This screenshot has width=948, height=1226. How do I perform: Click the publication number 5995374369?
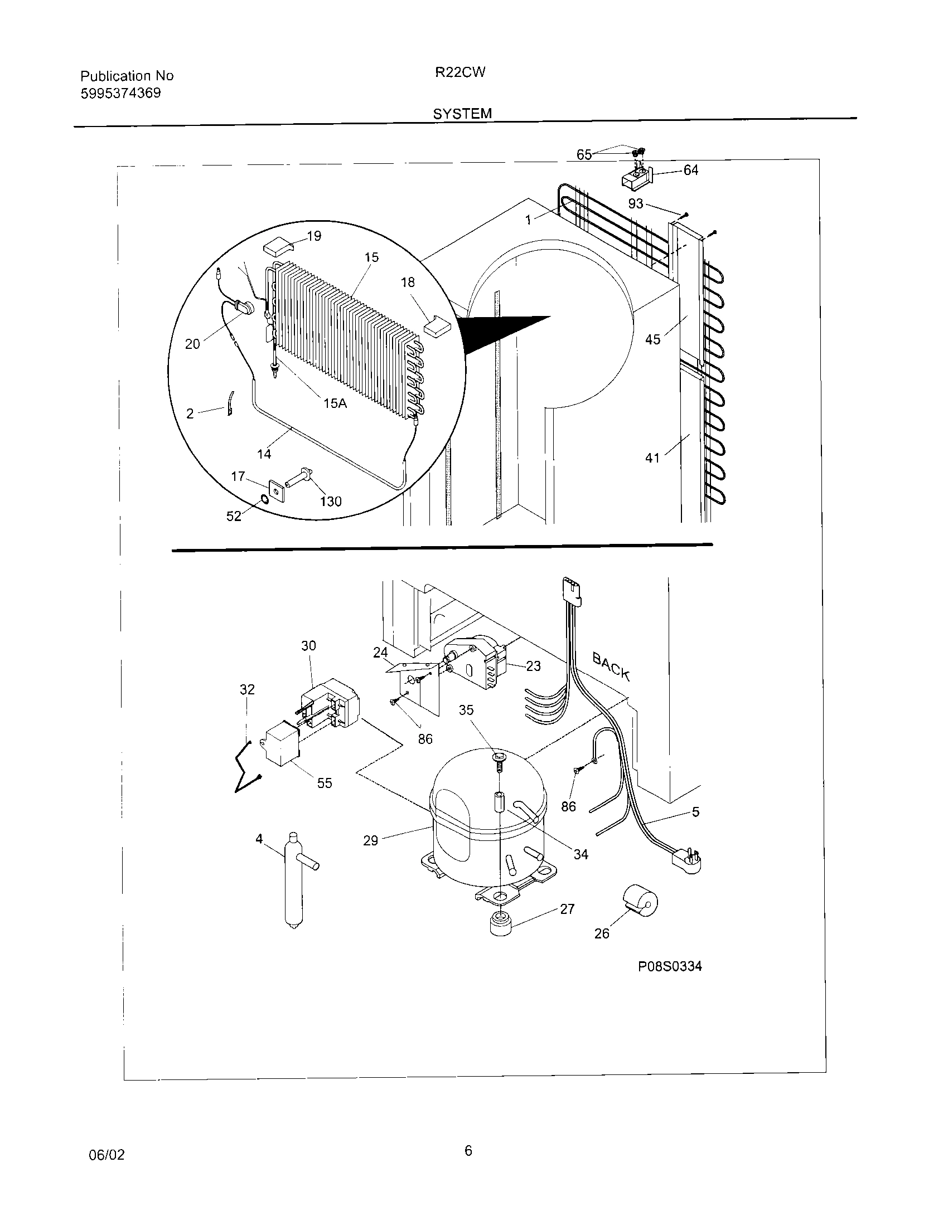121,93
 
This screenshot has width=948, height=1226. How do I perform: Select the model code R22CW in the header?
460,72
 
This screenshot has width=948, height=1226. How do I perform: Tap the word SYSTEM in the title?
462,114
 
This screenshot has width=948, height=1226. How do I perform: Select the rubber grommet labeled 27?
500,923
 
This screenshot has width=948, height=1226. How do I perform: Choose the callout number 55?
325,783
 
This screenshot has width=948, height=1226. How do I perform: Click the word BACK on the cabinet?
612,666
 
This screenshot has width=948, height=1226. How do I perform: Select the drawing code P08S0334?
670,967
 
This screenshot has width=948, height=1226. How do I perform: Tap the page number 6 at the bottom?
468,1151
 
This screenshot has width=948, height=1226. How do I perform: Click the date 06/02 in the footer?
107,1155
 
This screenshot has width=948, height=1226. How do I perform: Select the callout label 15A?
335,402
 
